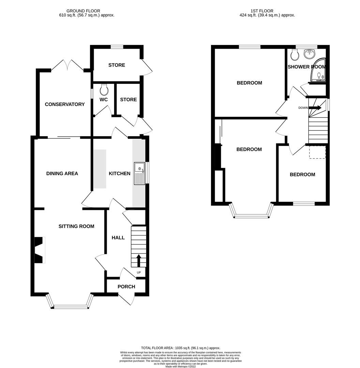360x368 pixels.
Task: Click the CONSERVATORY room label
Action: (x=65, y=104)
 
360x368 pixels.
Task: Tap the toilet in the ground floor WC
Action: (x=104, y=90)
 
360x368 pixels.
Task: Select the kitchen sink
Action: (x=140, y=173)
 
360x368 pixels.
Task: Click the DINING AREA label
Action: (x=62, y=173)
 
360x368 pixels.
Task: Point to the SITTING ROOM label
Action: (x=76, y=226)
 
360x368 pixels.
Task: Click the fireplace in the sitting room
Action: (x=40, y=250)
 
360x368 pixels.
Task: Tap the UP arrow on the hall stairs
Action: (x=139, y=260)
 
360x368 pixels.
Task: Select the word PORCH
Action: (x=126, y=287)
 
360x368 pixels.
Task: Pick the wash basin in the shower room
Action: (x=310, y=53)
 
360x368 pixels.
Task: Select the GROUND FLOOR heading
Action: (x=83, y=11)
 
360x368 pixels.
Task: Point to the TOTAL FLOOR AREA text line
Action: (x=181, y=348)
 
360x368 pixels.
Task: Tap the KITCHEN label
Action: (x=119, y=173)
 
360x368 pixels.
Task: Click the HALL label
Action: (x=118, y=237)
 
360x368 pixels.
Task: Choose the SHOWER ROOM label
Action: (x=306, y=67)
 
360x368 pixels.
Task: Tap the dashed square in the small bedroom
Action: (x=317, y=152)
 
